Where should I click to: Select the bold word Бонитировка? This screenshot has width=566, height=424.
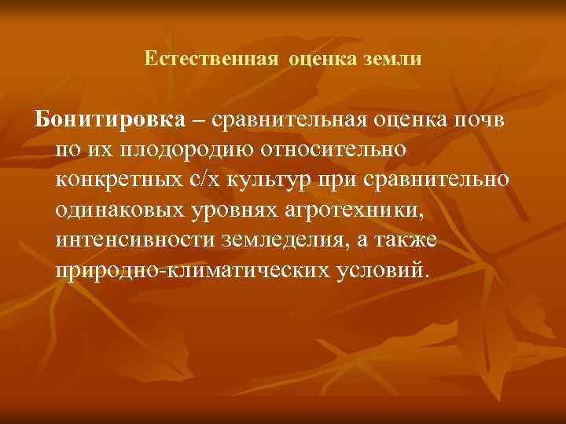tap(109, 122)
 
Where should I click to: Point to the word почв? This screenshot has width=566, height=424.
tap(483, 122)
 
